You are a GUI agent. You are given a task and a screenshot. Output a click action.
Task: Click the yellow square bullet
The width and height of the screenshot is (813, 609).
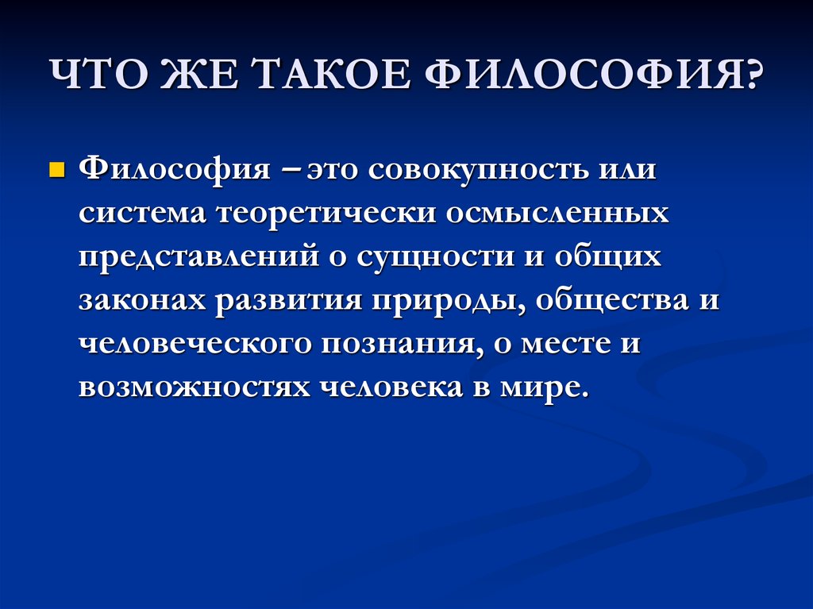click(x=56, y=170)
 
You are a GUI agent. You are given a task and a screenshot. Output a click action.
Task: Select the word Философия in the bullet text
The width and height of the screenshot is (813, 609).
click(x=174, y=170)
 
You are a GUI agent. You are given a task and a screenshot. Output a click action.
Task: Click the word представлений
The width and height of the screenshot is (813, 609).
click(x=199, y=257)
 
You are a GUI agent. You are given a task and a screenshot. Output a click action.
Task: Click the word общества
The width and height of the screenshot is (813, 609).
click(x=611, y=302)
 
